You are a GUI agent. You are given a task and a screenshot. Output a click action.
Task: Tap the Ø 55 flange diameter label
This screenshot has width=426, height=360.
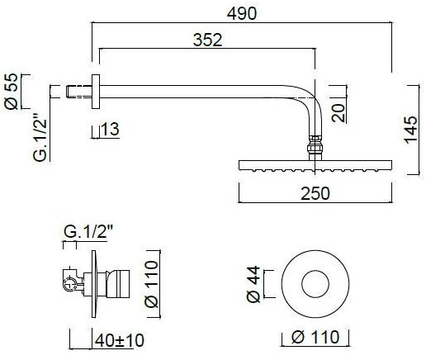[12, 92]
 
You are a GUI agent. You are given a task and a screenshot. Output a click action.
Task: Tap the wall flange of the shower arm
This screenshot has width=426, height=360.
[95, 91]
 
